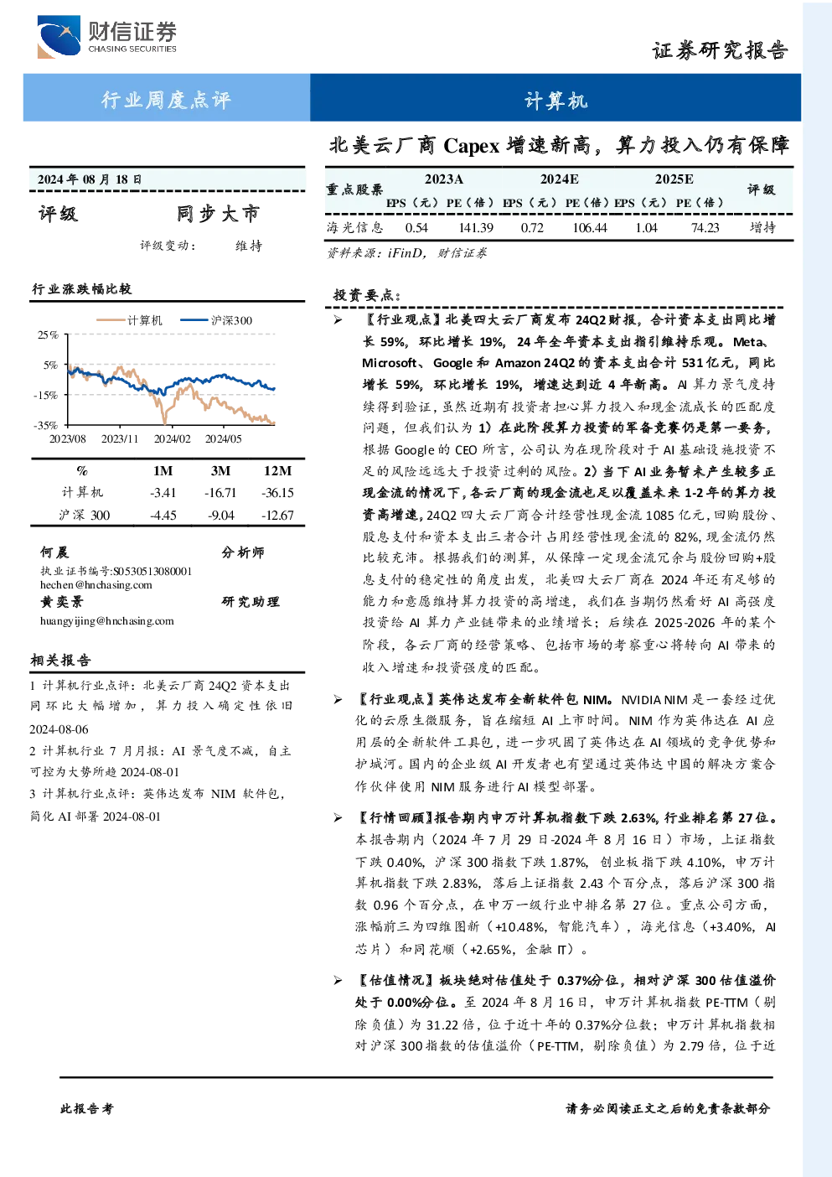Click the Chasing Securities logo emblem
pos(59,36)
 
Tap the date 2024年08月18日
pos(90,179)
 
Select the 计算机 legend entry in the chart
pos(129,320)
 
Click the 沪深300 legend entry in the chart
pos(216,320)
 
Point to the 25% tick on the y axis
pos(48,334)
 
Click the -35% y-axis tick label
pos(46,425)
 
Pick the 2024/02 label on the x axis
pos(172,438)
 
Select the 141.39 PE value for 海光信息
pos(476,227)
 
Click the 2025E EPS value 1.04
pos(646,227)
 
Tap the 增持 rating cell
pos(762,227)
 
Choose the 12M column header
pos(278,471)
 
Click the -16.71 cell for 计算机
pos(220,493)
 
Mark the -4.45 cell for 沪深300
pos(163,516)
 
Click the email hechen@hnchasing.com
pos(96,585)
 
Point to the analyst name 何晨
pos(54,552)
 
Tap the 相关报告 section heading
pos(61,660)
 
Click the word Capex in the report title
pos(471,147)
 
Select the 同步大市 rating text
pos(218,214)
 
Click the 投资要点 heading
pos(367,295)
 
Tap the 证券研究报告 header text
pos(720,50)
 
